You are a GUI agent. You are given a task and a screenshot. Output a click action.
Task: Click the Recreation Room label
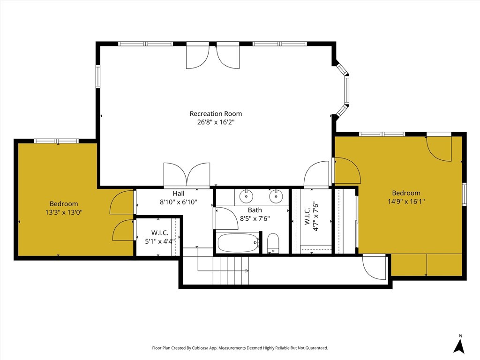coord(216,113)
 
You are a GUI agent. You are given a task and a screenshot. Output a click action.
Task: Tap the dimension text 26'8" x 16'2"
coord(216,122)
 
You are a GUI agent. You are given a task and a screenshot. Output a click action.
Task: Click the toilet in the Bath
coord(273,244)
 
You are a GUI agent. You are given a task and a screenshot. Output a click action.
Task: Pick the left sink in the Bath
coord(246,196)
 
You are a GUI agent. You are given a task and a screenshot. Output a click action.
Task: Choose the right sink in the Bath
coord(276,196)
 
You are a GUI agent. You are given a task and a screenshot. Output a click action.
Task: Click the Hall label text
coord(179,194)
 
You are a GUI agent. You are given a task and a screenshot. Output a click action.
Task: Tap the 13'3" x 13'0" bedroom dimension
coord(64,212)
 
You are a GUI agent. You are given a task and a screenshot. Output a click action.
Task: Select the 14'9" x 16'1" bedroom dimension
coord(406,202)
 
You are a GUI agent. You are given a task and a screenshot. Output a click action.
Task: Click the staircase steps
coord(231,270)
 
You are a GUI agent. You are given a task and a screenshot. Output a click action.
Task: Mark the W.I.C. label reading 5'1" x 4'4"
coord(159,237)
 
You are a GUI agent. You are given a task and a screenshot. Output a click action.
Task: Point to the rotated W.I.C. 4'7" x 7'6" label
coord(312,216)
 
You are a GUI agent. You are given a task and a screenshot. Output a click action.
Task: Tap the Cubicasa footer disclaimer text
coord(240,348)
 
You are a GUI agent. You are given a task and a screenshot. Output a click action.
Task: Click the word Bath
coord(255,210)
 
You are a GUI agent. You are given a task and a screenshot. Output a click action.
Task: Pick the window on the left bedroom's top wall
coord(56,141)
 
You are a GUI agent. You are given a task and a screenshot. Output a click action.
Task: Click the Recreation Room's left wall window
coord(97,76)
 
